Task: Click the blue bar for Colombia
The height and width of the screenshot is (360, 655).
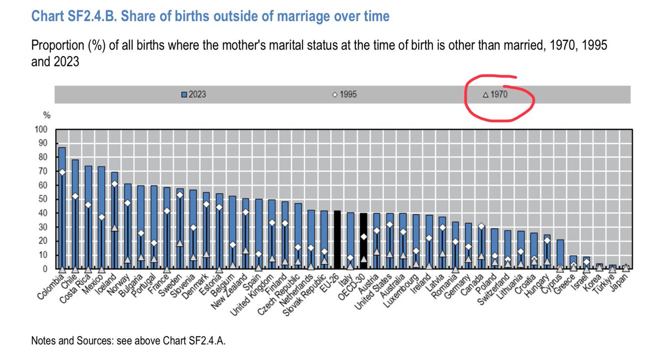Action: (x=62, y=207)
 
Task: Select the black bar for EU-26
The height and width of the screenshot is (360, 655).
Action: (x=337, y=240)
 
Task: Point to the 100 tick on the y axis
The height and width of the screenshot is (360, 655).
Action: (x=41, y=130)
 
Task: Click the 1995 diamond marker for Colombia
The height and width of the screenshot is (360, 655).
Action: (x=62, y=172)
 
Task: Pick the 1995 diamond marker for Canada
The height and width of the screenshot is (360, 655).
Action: (x=481, y=226)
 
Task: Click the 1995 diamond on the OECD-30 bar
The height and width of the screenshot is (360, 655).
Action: (x=364, y=237)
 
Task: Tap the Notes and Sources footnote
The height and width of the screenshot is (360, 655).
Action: (x=129, y=341)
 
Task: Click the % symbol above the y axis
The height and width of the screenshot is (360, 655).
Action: (x=46, y=116)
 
